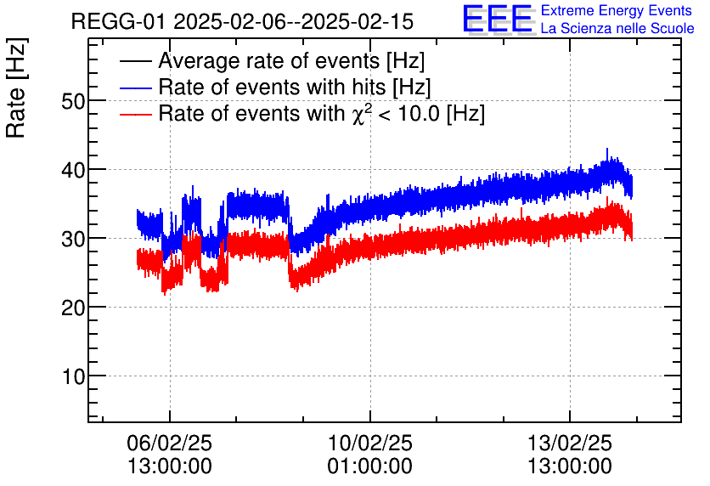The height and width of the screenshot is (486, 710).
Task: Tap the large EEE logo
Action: click(498, 20)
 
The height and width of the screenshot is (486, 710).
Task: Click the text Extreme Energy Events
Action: click(617, 11)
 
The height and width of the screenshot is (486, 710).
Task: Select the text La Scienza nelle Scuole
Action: click(617, 29)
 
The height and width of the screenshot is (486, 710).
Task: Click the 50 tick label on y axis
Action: click(74, 101)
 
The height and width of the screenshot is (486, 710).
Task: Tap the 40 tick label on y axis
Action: click(74, 170)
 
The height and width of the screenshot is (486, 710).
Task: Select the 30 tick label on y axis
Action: click(74, 239)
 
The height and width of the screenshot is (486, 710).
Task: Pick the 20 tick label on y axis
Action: click(74, 308)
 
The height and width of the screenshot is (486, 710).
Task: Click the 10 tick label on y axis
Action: click(74, 376)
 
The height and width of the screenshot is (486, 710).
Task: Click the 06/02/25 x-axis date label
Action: click(170, 444)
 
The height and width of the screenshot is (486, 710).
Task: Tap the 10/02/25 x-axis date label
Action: click(369, 444)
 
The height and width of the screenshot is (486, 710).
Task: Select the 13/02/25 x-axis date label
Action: click(569, 444)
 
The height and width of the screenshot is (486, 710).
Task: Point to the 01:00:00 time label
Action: click(369, 466)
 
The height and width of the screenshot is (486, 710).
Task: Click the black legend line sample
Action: click(136, 62)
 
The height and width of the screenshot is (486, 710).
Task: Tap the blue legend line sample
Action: click(136, 88)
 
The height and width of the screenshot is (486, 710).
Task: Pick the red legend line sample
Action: click(136, 115)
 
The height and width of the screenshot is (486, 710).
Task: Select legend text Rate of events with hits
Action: click(294, 88)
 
